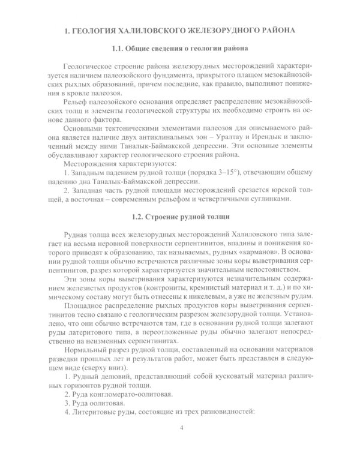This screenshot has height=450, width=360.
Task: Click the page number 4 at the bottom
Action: coord(181,427)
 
